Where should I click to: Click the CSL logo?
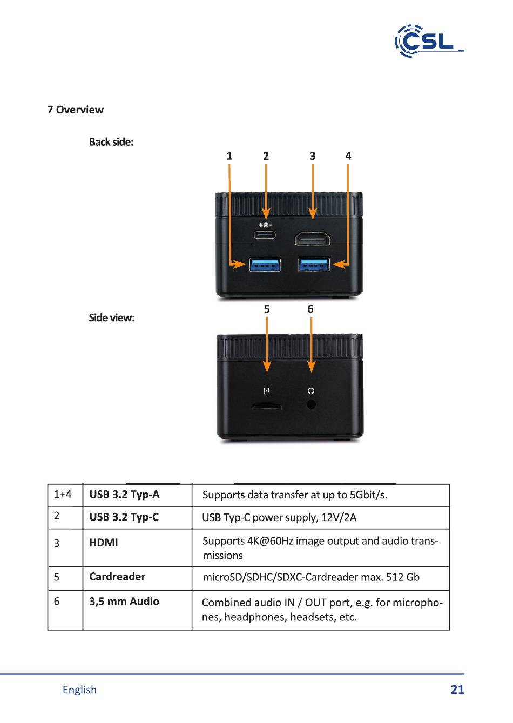[x=429, y=41]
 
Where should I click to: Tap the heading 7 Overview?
[x=75, y=110]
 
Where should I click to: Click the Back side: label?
[x=111, y=142]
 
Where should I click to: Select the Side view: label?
[x=111, y=317]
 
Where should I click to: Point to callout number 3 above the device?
[x=313, y=156]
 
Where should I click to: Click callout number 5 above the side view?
[x=267, y=309]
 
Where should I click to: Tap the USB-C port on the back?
[x=265, y=235]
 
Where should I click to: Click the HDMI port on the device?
[x=313, y=238]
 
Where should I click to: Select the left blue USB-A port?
[x=265, y=265]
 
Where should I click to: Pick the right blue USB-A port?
[x=314, y=265]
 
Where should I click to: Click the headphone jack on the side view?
[x=311, y=404]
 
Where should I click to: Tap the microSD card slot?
[x=266, y=407]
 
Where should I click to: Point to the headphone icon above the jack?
[x=311, y=391]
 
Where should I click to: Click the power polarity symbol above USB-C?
[x=265, y=225]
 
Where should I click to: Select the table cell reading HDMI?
[x=104, y=543]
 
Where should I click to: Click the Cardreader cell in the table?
[x=117, y=577]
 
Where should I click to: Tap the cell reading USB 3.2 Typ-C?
[x=124, y=517]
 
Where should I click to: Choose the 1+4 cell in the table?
[x=63, y=494]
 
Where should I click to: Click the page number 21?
[x=457, y=690]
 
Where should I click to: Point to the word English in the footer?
[x=79, y=690]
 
